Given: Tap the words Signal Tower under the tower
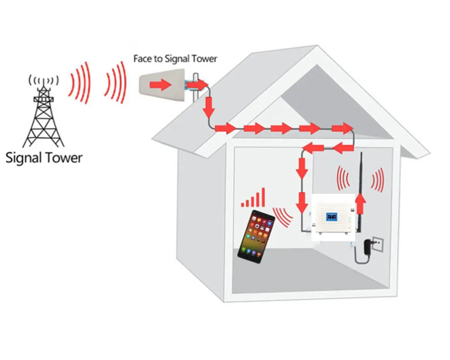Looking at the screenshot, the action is [x=44, y=157].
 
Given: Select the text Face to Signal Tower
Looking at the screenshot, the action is [x=175, y=59].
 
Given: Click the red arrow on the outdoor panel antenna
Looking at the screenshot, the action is [x=160, y=85].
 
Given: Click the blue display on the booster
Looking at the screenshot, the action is [x=332, y=216].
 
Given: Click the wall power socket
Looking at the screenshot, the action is [x=379, y=244].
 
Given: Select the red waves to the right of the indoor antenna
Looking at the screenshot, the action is [x=378, y=180].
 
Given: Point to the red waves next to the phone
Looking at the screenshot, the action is [x=283, y=216].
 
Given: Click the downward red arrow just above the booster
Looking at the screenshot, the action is [x=302, y=202].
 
